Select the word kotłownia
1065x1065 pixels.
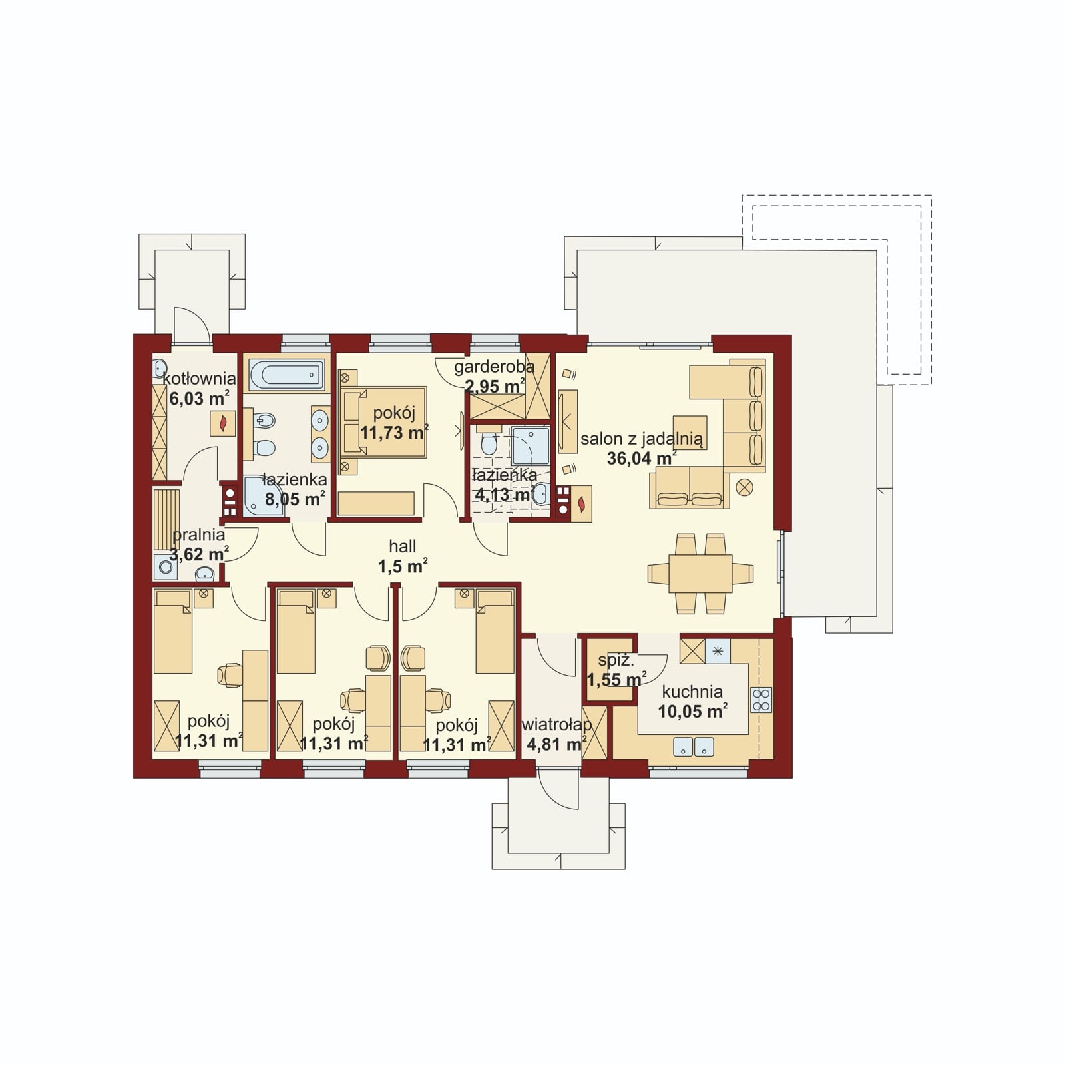(200, 379)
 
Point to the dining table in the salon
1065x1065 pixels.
(700, 573)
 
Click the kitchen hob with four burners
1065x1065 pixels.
(761, 700)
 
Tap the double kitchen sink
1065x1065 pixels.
(694, 747)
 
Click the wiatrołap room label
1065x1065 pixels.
(556, 724)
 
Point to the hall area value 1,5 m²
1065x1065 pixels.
(403, 566)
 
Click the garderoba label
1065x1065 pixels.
(495, 367)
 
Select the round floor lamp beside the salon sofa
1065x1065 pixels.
(745, 487)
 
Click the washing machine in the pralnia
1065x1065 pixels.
(164, 568)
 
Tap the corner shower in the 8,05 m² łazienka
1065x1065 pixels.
(261, 497)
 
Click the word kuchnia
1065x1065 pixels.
(692, 692)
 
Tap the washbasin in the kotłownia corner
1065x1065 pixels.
(160, 368)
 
